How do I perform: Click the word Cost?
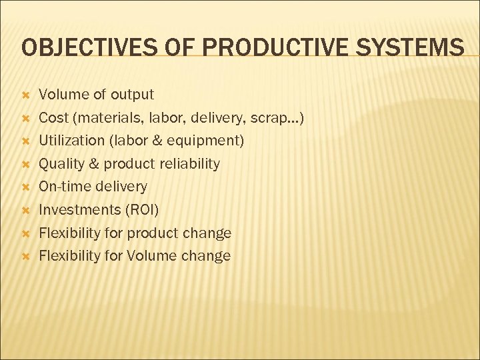pos(53,118)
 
